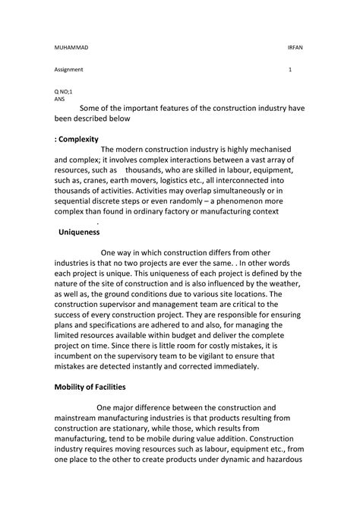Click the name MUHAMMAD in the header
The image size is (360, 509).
pos(70,46)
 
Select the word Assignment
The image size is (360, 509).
pos(68,70)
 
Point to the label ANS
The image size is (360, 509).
pos(59,99)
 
